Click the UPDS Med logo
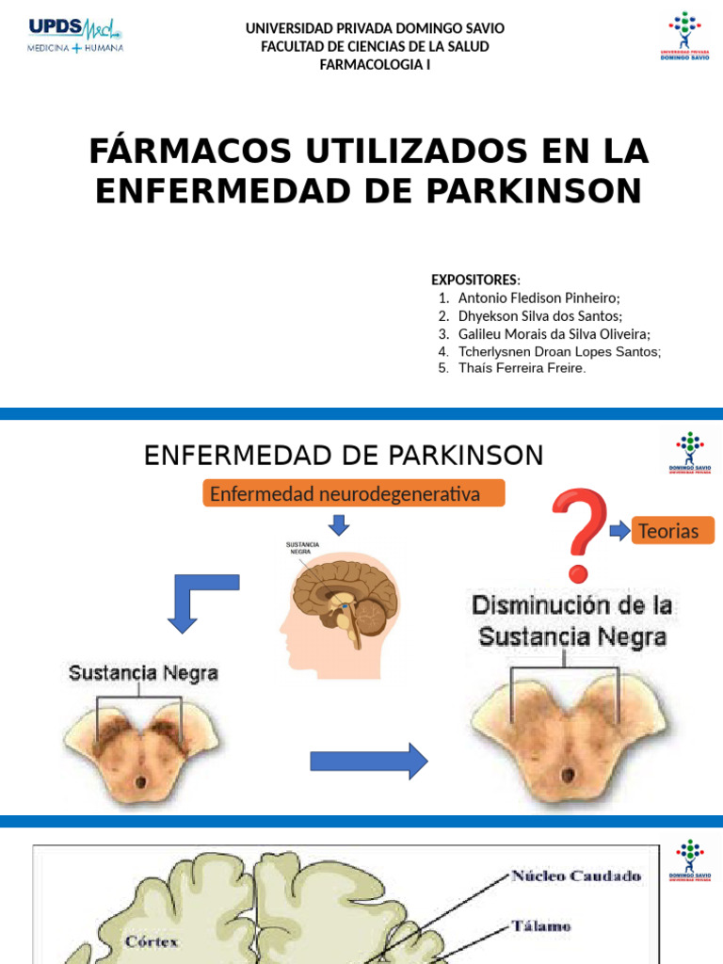(x=75, y=36)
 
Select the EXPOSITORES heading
(x=474, y=280)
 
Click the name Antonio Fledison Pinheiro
(x=538, y=298)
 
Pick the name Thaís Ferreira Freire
(x=522, y=368)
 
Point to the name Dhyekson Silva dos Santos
(x=539, y=316)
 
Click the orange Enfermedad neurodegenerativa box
(x=354, y=493)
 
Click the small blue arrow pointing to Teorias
(x=619, y=530)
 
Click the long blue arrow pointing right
(x=368, y=761)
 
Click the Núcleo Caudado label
(x=575, y=876)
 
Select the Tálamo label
(x=541, y=926)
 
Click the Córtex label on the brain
(x=152, y=940)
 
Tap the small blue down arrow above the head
(x=339, y=525)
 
